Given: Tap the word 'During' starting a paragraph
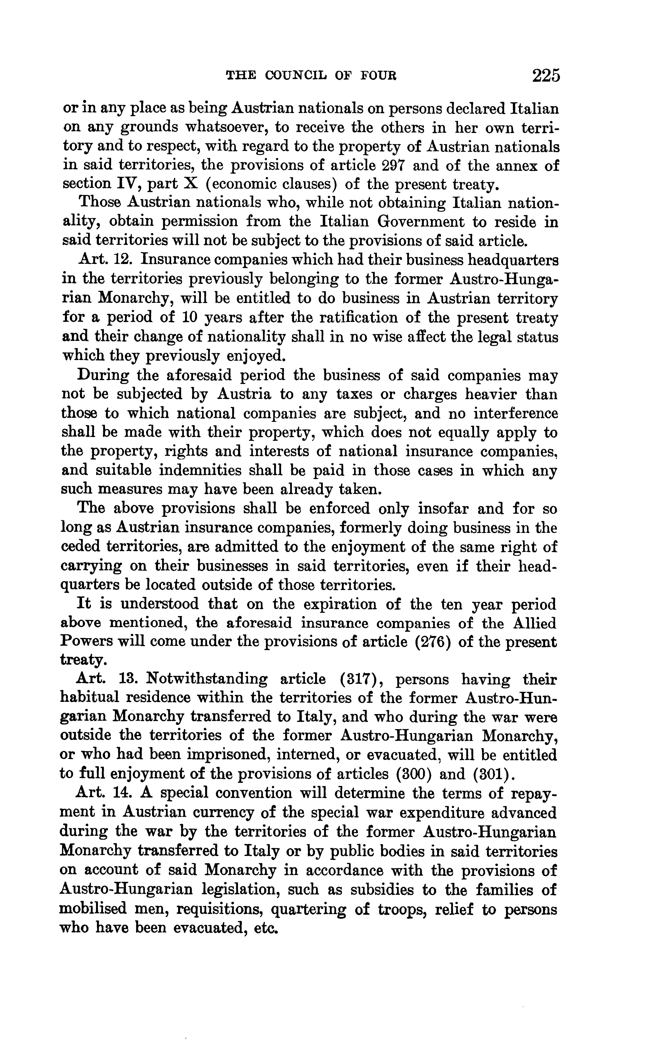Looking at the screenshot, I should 103,375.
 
